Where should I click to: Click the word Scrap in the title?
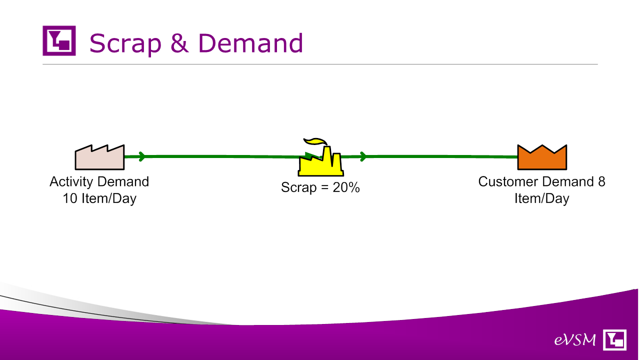(x=125, y=43)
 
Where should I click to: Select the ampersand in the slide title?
(x=179, y=43)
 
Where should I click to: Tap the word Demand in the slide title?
(x=250, y=43)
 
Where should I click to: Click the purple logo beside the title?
(x=59, y=40)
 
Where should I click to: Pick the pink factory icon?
(x=99, y=157)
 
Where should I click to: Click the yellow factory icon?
(x=320, y=161)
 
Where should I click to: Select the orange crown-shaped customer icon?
(x=542, y=157)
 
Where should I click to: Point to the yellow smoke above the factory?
(x=315, y=141)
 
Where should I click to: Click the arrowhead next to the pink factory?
(x=141, y=156)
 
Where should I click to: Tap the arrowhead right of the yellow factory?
(x=363, y=156)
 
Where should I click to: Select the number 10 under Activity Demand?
(x=70, y=198)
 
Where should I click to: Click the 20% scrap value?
(x=346, y=187)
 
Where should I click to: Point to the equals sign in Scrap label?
(x=324, y=187)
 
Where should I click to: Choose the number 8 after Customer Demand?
(x=601, y=181)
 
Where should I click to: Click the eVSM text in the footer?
(x=575, y=340)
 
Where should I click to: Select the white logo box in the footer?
(x=614, y=339)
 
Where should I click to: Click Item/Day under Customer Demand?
(x=541, y=198)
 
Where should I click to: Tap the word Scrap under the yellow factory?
(x=298, y=187)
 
